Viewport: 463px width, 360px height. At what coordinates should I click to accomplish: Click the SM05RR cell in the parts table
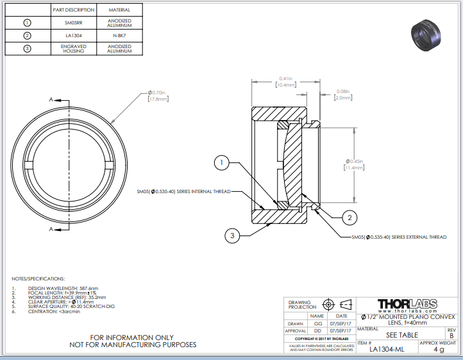pos(74,22)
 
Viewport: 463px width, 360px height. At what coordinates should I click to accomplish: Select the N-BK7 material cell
pos(119,35)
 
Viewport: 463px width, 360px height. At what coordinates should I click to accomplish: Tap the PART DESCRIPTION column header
pos(74,10)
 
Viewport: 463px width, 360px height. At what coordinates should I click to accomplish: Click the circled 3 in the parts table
pos(27,49)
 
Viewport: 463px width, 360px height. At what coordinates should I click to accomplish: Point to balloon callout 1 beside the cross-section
pos(221,164)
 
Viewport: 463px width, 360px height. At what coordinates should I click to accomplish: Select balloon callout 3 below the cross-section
pos(233,236)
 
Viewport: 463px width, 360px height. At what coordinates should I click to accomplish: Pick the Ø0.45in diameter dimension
pos(355,164)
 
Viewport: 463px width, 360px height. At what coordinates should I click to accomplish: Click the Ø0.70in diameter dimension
pos(157,96)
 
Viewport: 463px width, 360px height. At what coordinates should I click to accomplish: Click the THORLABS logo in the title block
pos(407,304)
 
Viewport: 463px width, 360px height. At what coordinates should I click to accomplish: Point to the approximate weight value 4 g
pos(439,350)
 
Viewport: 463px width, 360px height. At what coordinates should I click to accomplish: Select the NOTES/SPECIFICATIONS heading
pos(38,279)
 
